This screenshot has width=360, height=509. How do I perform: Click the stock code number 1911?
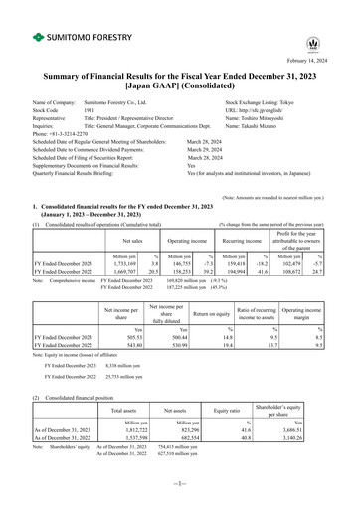click(90, 109)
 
